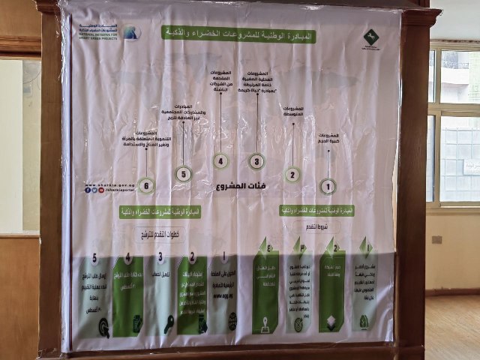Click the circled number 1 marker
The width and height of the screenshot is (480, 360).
tap(328, 185)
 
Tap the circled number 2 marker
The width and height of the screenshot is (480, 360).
tap(292, 175)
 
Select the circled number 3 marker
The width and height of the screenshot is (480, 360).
tap(257, 160)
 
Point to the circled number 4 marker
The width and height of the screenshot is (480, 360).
tap(220, 160)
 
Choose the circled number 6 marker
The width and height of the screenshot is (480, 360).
tap(146, 185)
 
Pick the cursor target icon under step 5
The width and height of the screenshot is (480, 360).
tap(104, 327)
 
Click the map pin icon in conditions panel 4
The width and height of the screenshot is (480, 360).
tap(264, 323)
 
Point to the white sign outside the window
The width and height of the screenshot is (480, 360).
tap(470, 166)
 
